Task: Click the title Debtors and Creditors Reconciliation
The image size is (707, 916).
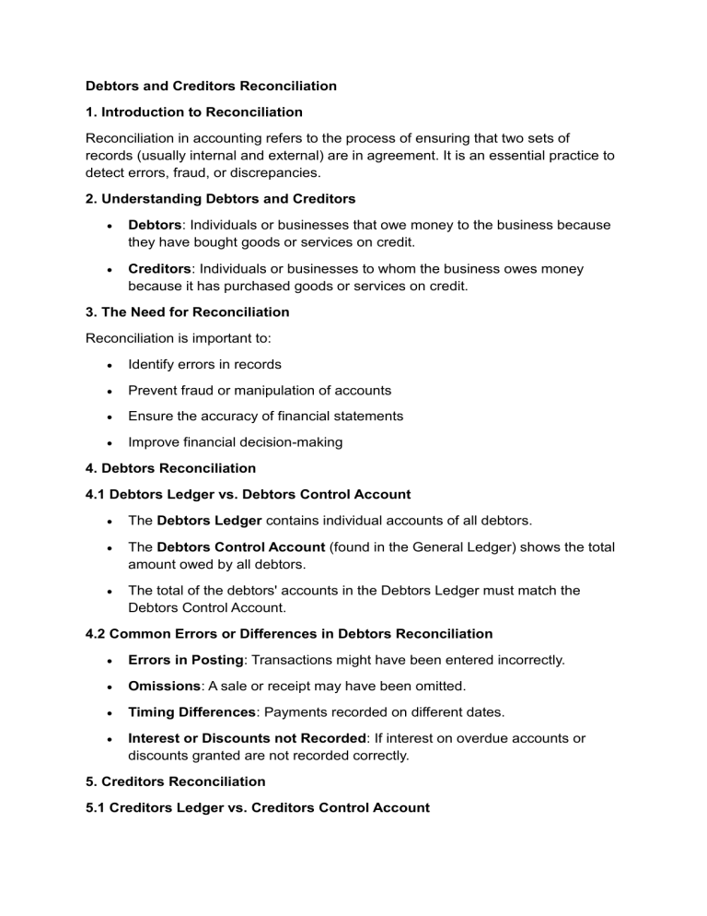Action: (211, 86)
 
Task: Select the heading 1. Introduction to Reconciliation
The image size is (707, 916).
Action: (193, 112)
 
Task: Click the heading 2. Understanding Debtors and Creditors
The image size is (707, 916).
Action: (220, 198)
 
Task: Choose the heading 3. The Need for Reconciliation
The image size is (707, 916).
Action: (187, 311)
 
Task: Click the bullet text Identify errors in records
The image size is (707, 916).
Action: (204, 364)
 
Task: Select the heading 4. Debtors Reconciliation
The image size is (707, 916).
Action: (170, 468)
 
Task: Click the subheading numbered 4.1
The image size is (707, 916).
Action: (248, 494)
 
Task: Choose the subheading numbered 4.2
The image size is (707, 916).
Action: (288, 633)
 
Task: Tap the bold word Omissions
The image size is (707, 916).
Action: (163, 686)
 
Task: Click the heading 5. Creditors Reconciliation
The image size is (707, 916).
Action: (175, 781)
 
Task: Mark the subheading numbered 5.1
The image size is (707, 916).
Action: (257, 807)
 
